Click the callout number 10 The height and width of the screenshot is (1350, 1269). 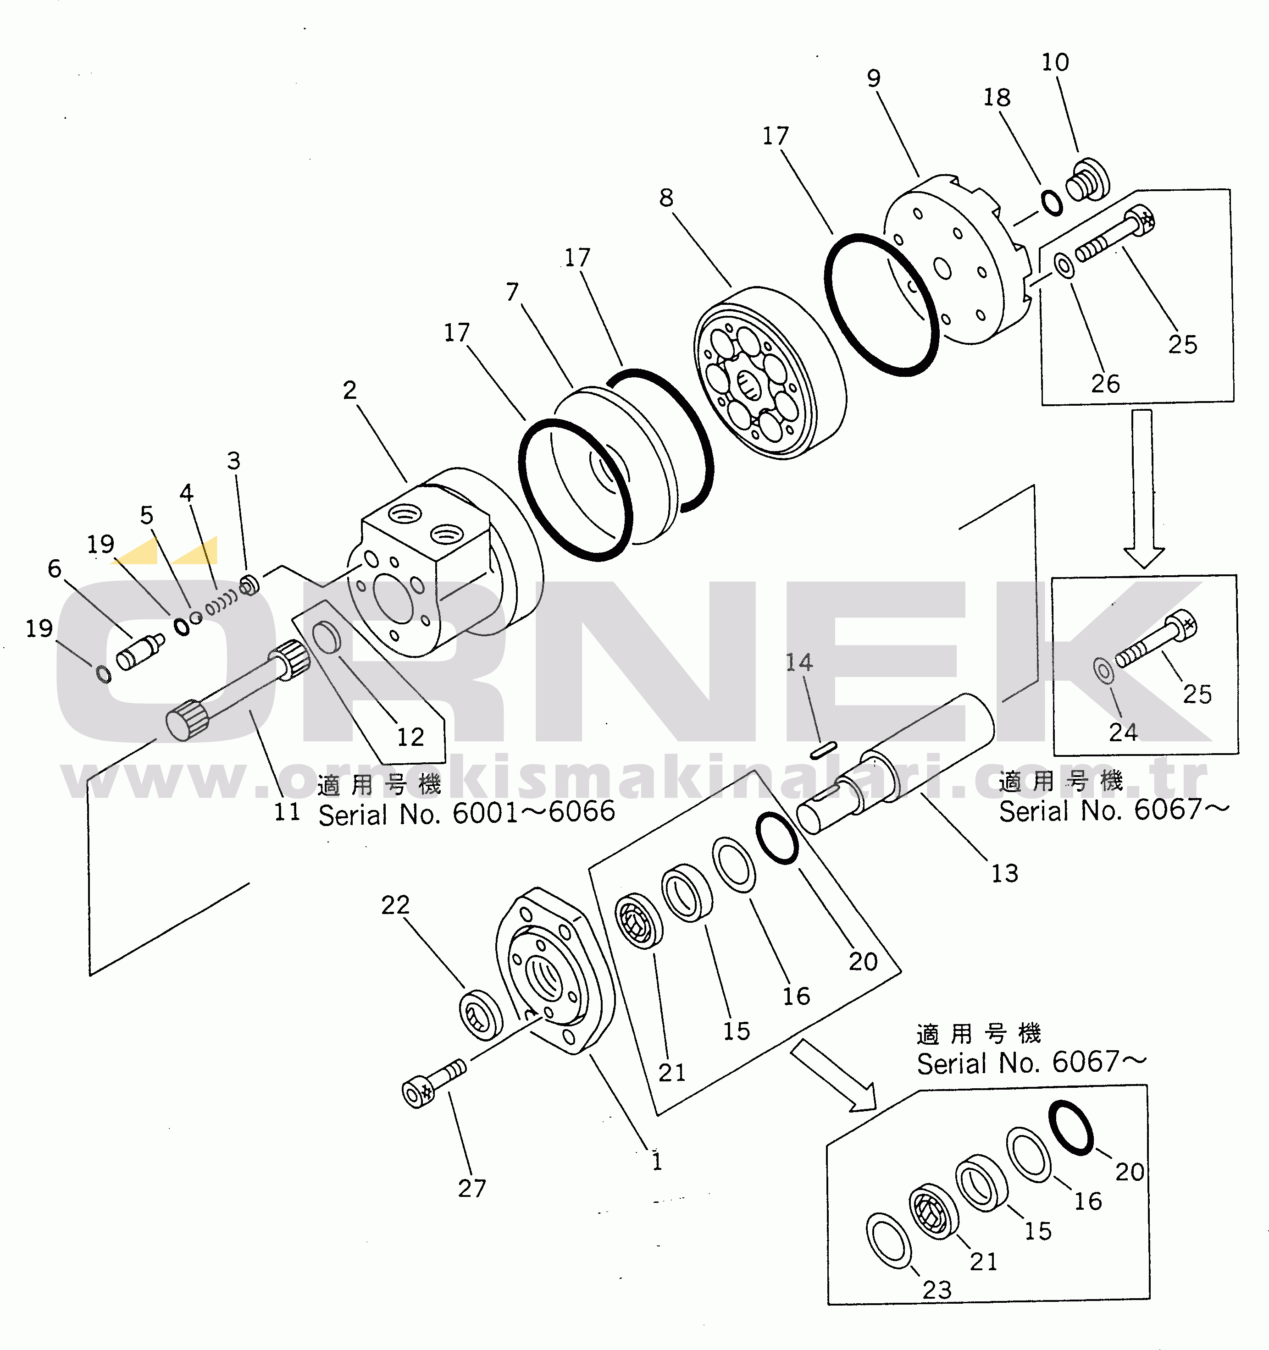pos(1055,62)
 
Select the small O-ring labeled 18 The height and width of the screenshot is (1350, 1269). pos(1052,202)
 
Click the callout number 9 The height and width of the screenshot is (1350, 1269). pos(874,79)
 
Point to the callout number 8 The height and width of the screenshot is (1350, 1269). pos(666,198)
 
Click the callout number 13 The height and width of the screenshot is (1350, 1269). pos(1004,873)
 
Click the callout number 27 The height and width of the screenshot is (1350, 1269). pos(471,1188)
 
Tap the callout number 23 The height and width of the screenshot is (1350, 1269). pos(937,1289)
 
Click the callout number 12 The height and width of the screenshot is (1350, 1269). pos(410,737)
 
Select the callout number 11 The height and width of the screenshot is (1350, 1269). pos(287,811)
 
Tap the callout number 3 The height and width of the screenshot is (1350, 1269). pos(234,460)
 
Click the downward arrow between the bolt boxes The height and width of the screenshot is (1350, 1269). pos(1143,489)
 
